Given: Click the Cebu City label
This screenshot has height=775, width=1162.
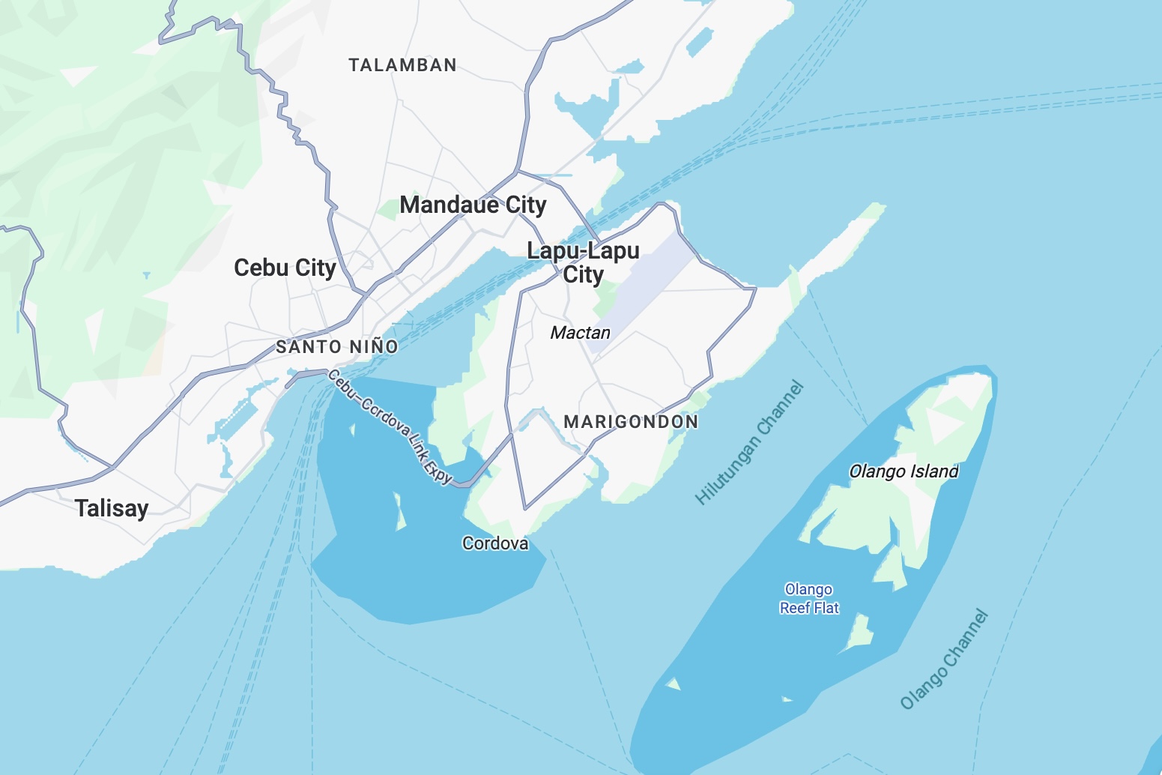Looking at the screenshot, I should (285, 268).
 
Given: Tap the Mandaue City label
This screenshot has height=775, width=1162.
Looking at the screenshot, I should (473, 205).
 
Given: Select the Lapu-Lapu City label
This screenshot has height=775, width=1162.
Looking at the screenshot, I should (583, 262).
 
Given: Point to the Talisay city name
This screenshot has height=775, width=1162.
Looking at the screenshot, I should (112, 508).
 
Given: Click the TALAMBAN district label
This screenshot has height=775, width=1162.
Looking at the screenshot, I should (402, 65).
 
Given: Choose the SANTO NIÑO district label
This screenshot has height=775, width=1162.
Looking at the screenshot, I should (337, 347).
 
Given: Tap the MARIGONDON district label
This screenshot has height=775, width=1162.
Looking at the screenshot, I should (631, 422).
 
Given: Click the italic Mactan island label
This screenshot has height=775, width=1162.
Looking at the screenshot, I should (580, 333).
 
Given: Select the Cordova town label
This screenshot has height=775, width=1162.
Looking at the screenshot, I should (495, 543).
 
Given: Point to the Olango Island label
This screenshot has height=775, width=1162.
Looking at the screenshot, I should (904, 471).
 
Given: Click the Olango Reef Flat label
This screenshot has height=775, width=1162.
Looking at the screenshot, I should (809, 599).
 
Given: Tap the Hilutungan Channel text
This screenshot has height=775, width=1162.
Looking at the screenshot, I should (750, 443).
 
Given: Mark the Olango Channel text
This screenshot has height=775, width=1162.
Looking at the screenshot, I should (945, 660).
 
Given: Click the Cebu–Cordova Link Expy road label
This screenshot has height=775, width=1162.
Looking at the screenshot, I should (390, 426).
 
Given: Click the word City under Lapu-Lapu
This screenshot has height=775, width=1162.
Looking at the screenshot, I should (583, 275).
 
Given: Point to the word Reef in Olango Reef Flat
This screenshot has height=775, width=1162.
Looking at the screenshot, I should (795, 608).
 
